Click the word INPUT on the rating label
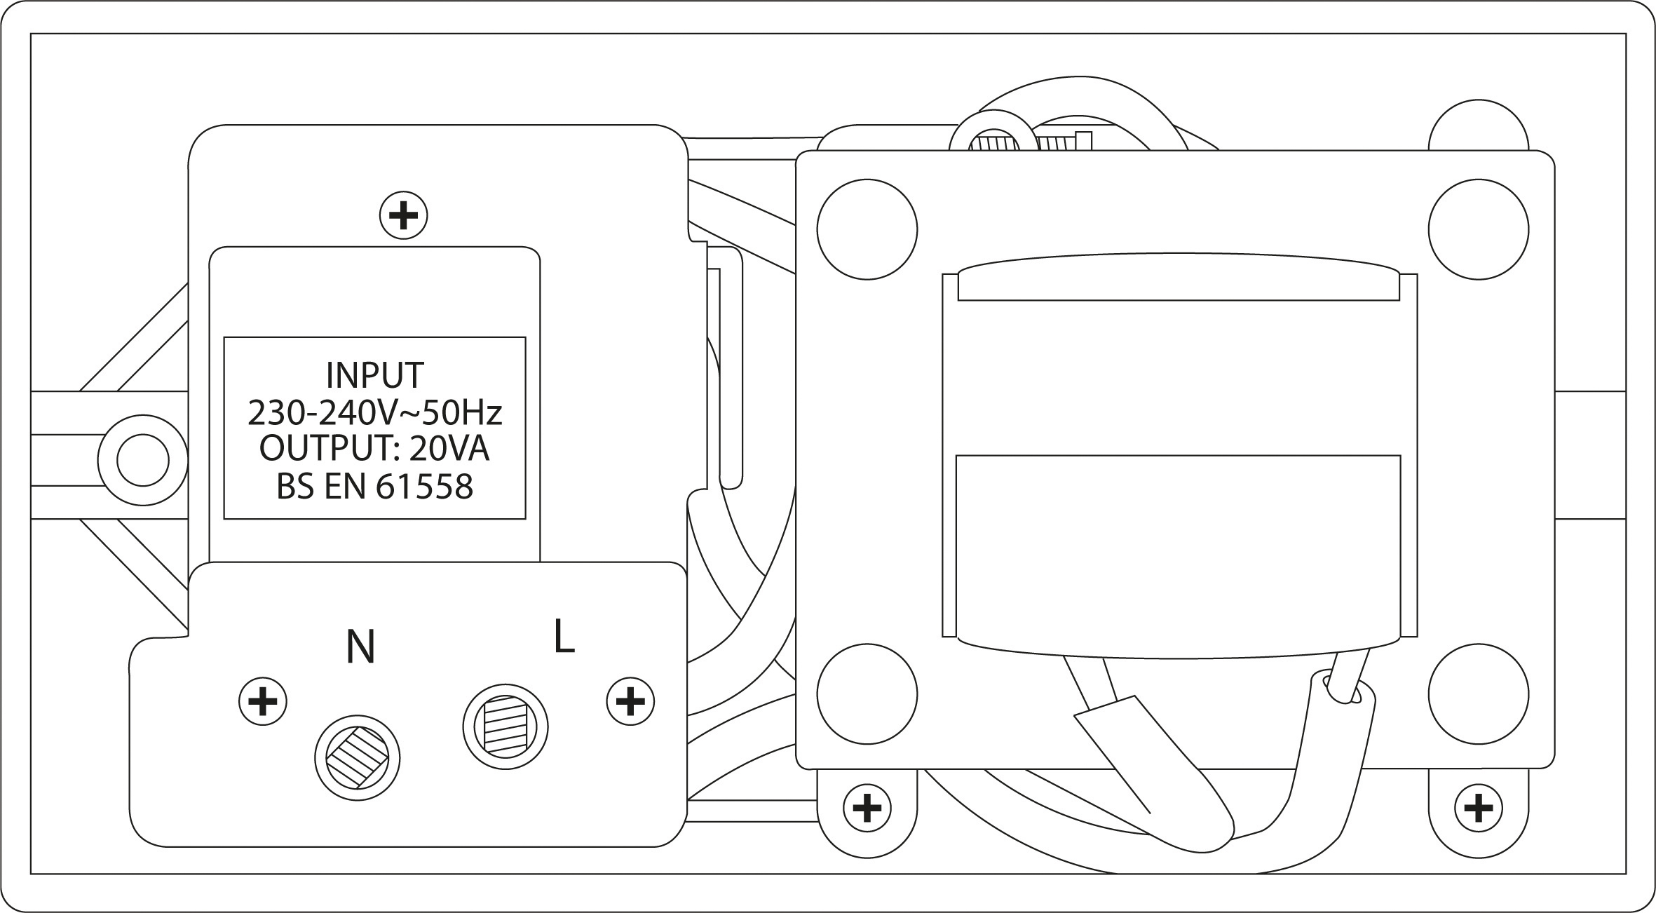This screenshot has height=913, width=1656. (x=375, y=376)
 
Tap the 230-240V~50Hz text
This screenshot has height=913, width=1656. (x=375, y=414)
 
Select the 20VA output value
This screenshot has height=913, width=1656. (x=449, y=449)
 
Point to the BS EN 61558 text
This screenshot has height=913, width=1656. (x=375, y=487)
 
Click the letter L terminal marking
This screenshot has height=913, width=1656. (x=564, y=637)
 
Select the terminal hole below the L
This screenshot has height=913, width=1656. (x=505, y=727)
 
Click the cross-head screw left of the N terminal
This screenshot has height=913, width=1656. (x=263, y=701)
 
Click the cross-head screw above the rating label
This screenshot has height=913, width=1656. (x=403, y=215)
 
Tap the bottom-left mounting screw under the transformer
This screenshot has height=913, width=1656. (x=867, y=809)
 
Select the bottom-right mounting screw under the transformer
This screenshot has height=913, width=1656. (x=1478, y=809)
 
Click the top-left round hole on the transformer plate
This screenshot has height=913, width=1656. (x=867, y=229)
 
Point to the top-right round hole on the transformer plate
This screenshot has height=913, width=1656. (x=1478, y=229)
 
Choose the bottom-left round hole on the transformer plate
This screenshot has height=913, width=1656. (x=867, y=694)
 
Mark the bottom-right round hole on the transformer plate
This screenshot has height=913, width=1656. (x=1478, y=694)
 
